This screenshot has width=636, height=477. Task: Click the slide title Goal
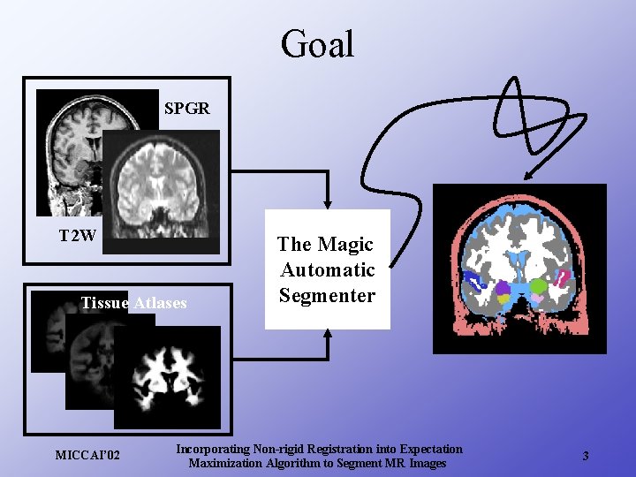pos(317,44)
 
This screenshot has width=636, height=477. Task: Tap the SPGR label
pos(187,109)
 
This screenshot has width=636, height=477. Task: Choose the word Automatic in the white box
pos(327,269)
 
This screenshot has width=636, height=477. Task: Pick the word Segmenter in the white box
pos(327,295)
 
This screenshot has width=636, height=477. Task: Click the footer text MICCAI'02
pos(87,456)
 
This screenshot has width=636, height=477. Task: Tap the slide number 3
pos(585,456)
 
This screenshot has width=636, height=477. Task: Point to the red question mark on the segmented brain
pos(561,282)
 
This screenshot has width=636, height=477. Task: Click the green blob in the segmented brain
pos(538,286)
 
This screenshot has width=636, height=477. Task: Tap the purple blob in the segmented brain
pos(503,288)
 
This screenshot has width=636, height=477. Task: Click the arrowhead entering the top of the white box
pos(328,203)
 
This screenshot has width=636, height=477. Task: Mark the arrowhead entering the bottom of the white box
pos(328,335)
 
